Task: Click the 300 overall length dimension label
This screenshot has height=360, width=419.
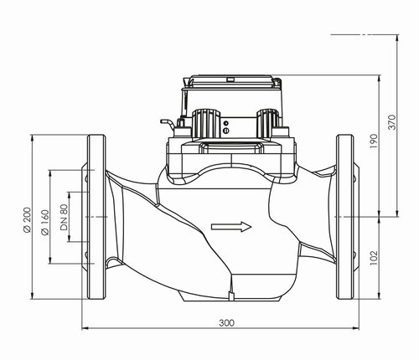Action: click(x=226, y=323)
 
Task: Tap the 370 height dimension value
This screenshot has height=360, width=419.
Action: click(x=392, y=121)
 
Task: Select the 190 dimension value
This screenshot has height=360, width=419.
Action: click(x=374, y=141)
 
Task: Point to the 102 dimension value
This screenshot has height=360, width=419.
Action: click(x=374, y=258)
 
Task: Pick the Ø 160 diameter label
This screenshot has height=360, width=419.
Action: click(x=45, y=223)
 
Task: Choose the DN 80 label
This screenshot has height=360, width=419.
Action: click(x=64, y=217)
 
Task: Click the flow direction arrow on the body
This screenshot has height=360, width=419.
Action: click(x=231, y=227)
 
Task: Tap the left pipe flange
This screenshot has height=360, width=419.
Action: click(x=96, y=217)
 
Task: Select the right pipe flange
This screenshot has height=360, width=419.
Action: click(x=345, y=217)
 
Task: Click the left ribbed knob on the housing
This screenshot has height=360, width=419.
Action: click(x=206, y=124)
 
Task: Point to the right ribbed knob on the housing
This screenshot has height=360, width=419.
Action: click(x=268, y=123)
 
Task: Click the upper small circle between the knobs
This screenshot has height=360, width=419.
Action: click(x=226, y=123)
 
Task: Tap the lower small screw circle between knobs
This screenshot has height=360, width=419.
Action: click(x=226, y=130)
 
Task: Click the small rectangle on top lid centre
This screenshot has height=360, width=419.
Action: click(x=230, y=80)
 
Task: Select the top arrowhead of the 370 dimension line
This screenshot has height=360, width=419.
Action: click(x=397, y=39)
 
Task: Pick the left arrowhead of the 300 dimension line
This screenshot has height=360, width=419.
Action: click(x=85, y=328)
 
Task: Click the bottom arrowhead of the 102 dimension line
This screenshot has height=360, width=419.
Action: click(x=379, y=296)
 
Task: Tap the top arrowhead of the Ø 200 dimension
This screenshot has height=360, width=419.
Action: click(x=32, y=138)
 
